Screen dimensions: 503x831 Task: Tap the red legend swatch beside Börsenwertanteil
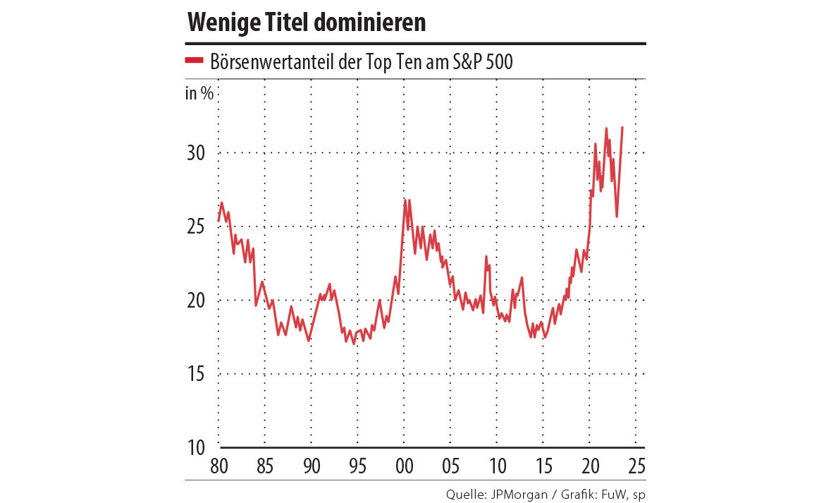(x=194, y=61)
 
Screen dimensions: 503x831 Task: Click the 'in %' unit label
(x=199, y=94)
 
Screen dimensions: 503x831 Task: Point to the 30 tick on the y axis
(x=199, y=153)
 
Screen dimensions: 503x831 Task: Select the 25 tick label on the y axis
(x=199, y=227)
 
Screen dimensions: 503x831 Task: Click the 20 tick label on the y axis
(x=199, y=301)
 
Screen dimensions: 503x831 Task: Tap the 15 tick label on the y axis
(x=199, y=374)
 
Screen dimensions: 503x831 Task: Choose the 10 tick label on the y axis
(x=199, y=447)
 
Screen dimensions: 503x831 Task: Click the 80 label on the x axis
(x=218, y=466)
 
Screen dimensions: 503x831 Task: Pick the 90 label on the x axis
(x=311, y=466)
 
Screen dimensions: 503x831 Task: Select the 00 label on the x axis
(x=404, y=466)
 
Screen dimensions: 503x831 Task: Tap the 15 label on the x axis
(x=543, y=466)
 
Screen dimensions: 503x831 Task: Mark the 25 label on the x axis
(x=636, y=466)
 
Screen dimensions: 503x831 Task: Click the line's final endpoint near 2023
(x=622, y=128)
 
